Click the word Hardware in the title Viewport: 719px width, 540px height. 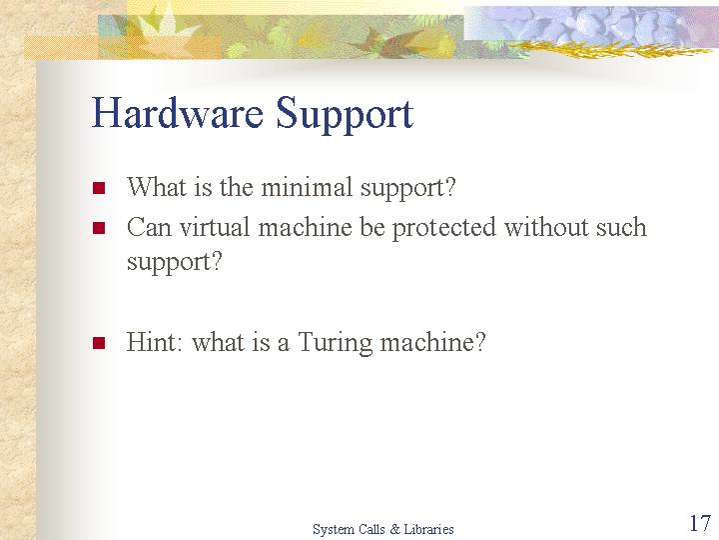tap(178, 112)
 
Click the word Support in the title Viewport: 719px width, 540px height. tap(345, 115)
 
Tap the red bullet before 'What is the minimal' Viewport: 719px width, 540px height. tap(99, 187)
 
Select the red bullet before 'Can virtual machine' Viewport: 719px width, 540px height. tap(99, 228)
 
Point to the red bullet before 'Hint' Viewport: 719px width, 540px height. tap(99, 343)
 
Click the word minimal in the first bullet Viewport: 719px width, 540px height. tap(307, 187)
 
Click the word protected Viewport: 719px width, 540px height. tap(443, 229)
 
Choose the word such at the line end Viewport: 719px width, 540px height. tap(621, 227)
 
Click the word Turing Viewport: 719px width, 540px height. tap(336, 343)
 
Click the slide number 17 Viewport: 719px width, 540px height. tap(700, 523)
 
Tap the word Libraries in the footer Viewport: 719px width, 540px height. tap(428, 529)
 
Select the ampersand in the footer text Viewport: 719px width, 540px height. tap(394, 529)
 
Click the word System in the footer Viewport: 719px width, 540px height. tap(331, 530)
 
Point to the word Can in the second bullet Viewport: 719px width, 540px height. tap(149, 227)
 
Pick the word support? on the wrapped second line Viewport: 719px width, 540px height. tap(174, 263)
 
